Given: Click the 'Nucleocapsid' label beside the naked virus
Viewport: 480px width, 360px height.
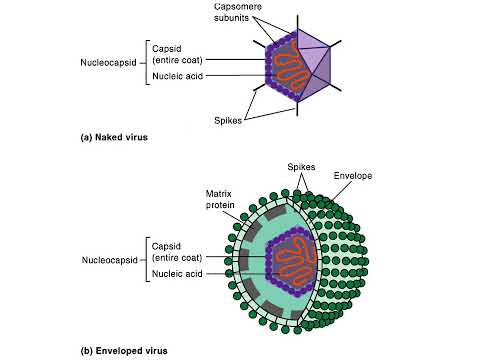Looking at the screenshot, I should click(x=109, y=61).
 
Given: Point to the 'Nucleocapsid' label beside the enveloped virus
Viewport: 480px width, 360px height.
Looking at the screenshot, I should click(x=109, y=258).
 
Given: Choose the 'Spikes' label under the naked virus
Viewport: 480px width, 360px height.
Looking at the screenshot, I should click(x=229, y=119).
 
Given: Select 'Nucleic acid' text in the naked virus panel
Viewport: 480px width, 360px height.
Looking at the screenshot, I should click(x=178, y=76).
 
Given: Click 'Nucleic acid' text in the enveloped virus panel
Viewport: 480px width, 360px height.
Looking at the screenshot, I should click(x=178, y=273).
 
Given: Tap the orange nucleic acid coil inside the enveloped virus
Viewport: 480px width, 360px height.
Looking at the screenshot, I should click(x=290, y=259).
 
